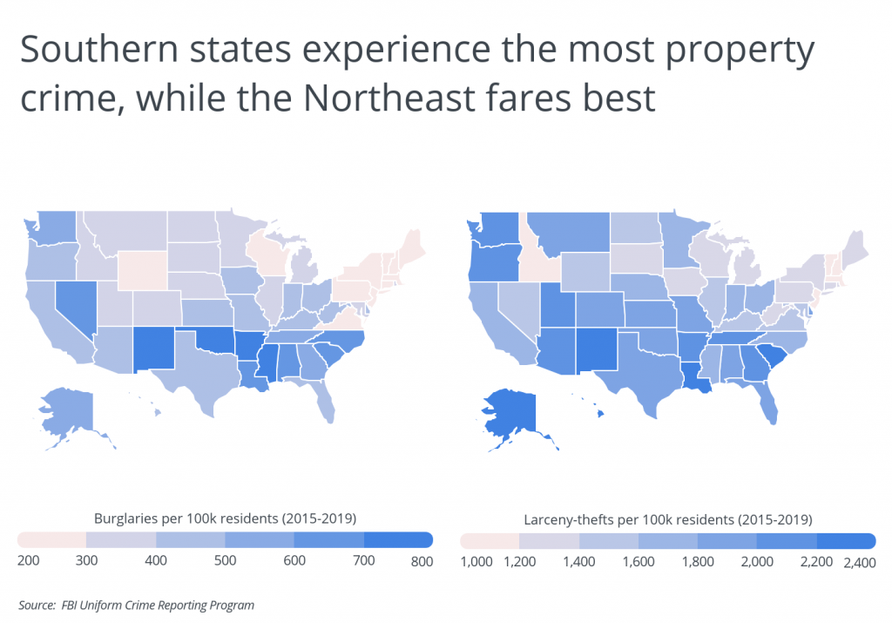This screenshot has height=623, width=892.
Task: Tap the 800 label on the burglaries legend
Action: [x=421, y=562]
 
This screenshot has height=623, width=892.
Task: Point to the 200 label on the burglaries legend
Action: [x=29, y=562]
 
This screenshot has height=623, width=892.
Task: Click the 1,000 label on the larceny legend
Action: [x=476, y=563]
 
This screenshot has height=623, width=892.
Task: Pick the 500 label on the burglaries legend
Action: [x=225, y=562]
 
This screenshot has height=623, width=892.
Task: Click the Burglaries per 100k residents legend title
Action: [x=225, y=518]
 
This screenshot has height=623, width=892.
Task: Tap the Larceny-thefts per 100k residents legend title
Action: [x=667, y=519]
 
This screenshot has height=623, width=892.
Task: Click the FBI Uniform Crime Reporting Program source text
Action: [x=159, y=604]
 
